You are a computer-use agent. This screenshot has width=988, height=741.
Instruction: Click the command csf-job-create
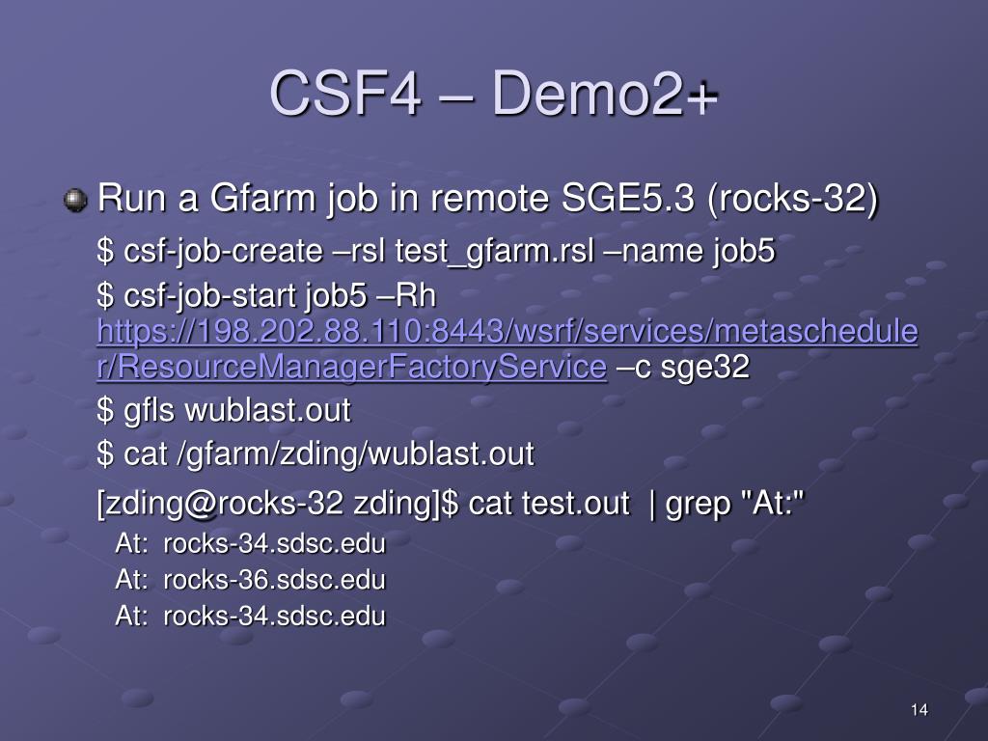click(223, 253)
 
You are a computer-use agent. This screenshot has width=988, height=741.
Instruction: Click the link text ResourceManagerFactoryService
click(352, 368)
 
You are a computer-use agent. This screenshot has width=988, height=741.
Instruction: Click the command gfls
click(150, 411)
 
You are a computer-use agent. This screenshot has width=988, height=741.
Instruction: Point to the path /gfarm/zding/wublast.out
click(355, 453)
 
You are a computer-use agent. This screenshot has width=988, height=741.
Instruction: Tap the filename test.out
click(575, 503)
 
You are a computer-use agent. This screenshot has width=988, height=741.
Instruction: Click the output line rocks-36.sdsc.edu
click(274, 581)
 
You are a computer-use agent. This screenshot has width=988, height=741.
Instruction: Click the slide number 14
click(919, 710)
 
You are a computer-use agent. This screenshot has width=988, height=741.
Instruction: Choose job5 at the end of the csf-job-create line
click(744, 253)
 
